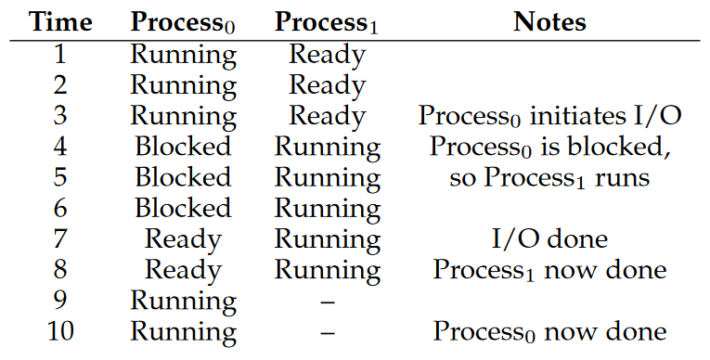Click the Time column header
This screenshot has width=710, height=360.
click(60, 21)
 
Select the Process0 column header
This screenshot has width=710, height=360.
click(183, 22)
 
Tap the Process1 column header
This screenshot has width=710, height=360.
click(326, 22)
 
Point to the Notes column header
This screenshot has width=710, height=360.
click(549, 21)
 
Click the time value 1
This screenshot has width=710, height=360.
click(60, 55)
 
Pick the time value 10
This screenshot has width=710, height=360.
click(60, 331)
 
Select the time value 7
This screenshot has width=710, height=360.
click(60, 238)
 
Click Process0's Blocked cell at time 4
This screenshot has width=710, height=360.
click(183, 147)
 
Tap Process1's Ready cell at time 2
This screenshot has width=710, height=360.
click(327, 86)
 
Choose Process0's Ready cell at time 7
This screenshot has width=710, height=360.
click(183, 240)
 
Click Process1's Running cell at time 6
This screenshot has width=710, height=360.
click(328, 209)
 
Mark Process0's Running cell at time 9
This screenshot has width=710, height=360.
click(184, 302)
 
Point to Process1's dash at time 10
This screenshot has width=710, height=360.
click(328, 333)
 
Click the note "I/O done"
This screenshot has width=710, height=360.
click(549, 238)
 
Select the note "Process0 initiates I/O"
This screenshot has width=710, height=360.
click(549, 116)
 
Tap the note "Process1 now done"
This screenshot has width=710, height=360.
click(549, 270)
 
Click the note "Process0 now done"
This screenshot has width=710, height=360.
click(549, 331)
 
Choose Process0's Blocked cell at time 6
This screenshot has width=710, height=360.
click(183, 208)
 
